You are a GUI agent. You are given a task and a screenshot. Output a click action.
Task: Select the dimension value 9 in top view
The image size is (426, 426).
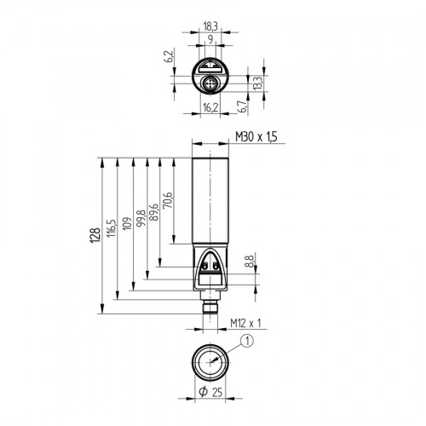point(209,39)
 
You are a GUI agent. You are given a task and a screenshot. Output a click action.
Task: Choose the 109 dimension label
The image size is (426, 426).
point(126,223)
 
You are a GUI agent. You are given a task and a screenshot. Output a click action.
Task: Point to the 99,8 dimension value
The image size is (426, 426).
point(141,217)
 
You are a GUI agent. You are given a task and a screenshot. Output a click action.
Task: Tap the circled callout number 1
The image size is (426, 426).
point(247,342)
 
